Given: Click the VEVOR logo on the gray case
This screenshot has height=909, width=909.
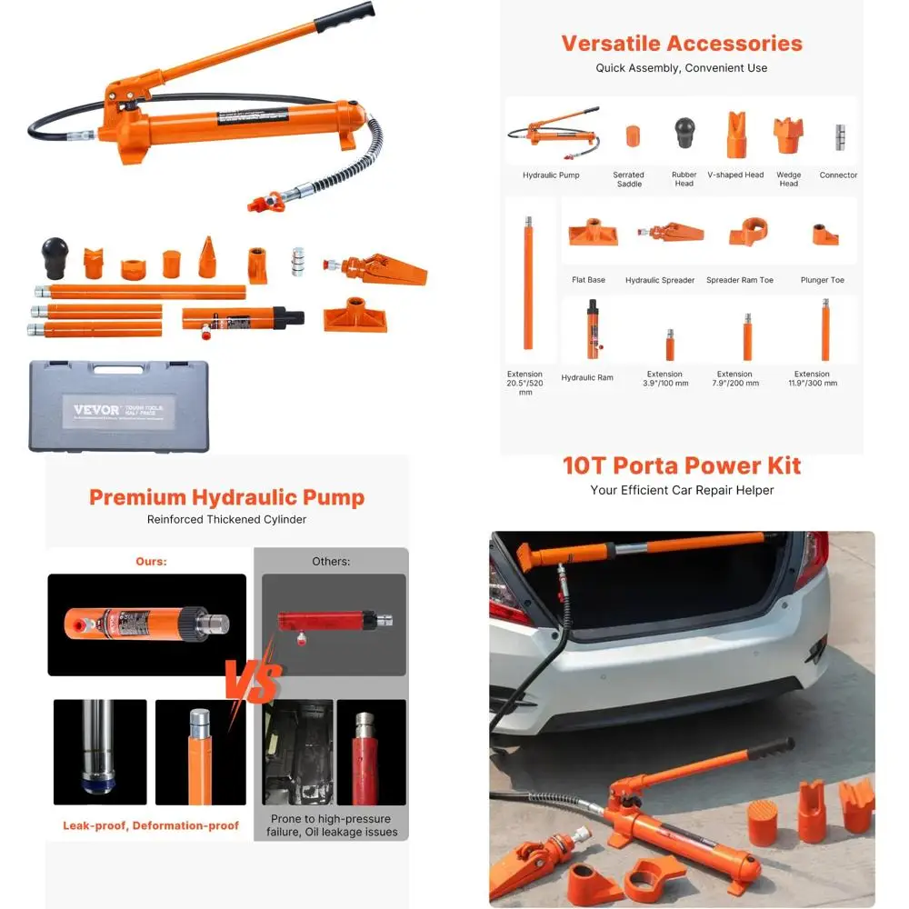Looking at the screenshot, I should [95, 410].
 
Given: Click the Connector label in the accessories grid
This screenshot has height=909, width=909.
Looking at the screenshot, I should [838, 175].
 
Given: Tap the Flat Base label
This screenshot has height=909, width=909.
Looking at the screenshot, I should [589, 280].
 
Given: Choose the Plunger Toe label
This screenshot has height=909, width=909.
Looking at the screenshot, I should [822, 280].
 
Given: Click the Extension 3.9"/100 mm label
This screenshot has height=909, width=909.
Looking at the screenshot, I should [667, 378].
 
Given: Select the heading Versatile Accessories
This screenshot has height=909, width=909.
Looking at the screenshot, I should [681, 43].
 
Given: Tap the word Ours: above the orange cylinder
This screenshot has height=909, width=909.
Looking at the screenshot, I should [151, 562].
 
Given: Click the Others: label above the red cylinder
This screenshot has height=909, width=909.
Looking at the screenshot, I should [331, 562].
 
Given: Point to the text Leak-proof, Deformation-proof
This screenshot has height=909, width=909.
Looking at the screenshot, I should [151, 825].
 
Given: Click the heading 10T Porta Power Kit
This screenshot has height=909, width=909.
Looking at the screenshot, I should [681, 465].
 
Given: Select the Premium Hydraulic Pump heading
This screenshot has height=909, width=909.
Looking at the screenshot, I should [226, 497].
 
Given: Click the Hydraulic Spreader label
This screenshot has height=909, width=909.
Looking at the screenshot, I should [659, 280].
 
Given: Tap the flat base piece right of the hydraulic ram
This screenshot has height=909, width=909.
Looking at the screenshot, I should [355, 315].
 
